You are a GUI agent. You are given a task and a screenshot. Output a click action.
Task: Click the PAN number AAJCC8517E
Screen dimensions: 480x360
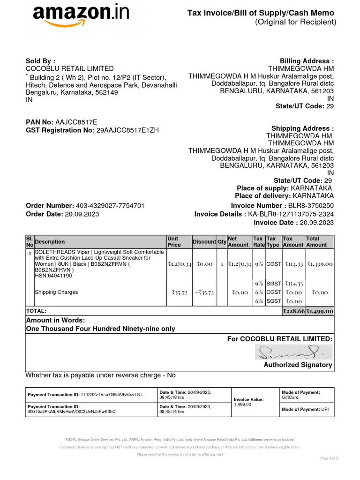point(76,122)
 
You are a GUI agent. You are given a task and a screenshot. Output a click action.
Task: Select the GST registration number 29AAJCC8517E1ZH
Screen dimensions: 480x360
point(127,130)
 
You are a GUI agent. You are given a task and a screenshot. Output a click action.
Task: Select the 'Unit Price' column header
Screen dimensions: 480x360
point(174,241)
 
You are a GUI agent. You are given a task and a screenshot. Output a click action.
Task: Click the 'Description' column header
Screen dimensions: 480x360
point(50,242)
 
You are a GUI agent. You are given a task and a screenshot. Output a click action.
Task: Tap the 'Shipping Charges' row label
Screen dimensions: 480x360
point(57,292)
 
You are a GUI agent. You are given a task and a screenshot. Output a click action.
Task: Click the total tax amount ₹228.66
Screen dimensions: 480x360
point(293,311)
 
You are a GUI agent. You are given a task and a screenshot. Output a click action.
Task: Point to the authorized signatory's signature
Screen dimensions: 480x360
point(292,352)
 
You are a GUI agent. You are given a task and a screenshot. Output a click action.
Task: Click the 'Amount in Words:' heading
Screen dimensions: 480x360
point(55,320)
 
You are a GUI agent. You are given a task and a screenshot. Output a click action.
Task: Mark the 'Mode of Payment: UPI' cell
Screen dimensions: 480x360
point(305,409)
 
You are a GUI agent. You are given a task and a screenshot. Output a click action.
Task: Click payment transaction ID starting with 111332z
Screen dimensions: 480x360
point(112,395)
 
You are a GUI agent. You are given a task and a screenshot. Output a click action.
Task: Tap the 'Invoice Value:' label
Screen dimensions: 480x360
point(248,399)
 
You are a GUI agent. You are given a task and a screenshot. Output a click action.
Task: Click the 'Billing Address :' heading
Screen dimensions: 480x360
point(307,61)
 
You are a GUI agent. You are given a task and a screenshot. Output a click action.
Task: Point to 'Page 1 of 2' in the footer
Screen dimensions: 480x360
point(329,458)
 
